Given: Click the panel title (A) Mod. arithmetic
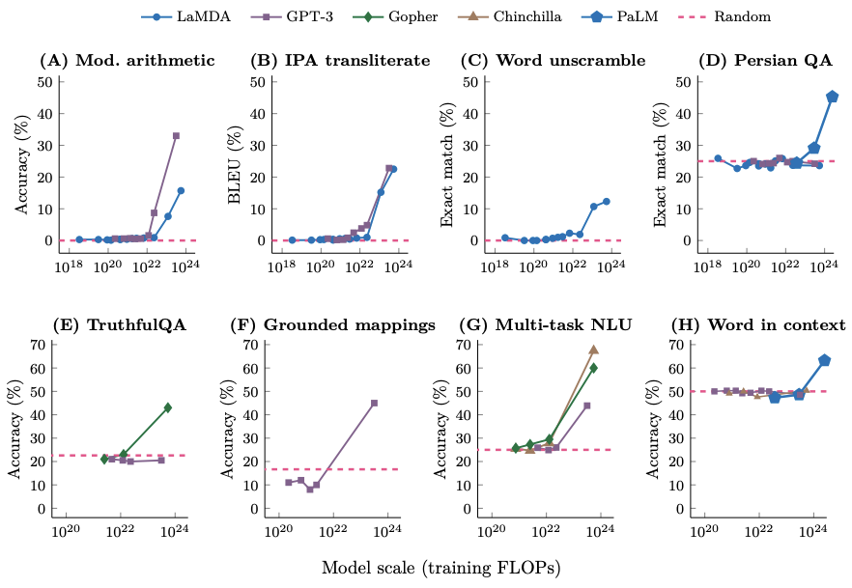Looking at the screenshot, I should point(127,61).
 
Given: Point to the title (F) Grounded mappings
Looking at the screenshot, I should point(333,324).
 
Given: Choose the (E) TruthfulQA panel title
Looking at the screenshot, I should point(99,324).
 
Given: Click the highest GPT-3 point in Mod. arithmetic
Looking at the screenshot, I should point(176,136).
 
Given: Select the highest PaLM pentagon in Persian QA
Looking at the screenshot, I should point(832,97).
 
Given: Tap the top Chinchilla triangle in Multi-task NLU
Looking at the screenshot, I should point(593,350).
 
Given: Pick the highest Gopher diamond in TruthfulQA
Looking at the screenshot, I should point(167,407).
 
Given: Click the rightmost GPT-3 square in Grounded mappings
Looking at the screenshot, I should point(374,403).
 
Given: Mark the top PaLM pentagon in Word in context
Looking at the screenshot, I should point(824,360).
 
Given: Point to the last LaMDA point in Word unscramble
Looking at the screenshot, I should point(607,201).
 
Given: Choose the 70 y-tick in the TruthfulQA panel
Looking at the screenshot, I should point(42,344).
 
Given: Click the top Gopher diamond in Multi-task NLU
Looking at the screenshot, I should point(593,368).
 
